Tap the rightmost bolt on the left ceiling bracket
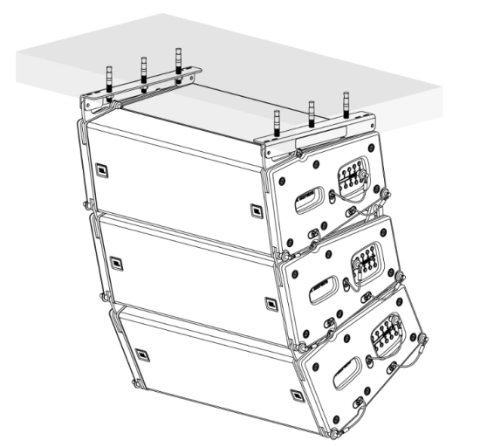pyautogui.click(x=178, y=62)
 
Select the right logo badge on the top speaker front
pyautogui.click(x=254, y=210)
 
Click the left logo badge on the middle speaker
pyautogui.click(x=115, y=257)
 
